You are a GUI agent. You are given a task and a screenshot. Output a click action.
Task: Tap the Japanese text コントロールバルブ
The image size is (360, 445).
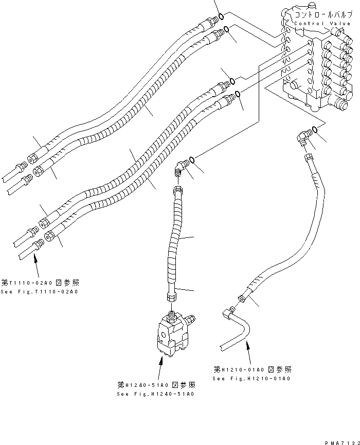click(x=323, y=15)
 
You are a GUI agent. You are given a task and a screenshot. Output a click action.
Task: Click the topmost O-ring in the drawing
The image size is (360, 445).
click(x=220, y=17)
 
